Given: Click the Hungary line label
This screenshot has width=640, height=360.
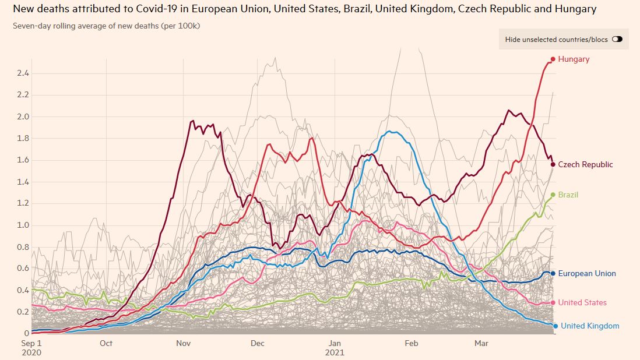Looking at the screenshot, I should pos(574,59).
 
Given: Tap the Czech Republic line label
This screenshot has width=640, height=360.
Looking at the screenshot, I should pos(585,165).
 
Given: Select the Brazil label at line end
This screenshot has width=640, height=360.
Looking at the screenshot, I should pos(568,195).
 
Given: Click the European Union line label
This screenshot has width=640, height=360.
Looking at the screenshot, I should pos(587,274).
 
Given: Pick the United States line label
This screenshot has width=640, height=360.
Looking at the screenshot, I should pos(582,303).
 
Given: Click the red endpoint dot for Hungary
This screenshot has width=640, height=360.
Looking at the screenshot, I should pos(553,59).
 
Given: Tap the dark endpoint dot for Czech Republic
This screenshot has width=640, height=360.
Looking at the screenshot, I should pos(553,164).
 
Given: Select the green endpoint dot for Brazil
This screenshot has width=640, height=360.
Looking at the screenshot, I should pos(553,195).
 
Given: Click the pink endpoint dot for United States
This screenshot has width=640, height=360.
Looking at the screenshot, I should pos(553,302).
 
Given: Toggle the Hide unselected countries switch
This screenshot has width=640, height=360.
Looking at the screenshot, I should pos(617,40).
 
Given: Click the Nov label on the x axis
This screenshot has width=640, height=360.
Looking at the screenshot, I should pos(185,344).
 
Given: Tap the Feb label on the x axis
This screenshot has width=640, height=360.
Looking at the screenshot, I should pos(412,344).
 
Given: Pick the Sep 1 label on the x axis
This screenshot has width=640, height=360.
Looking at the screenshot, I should pos(32,344).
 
